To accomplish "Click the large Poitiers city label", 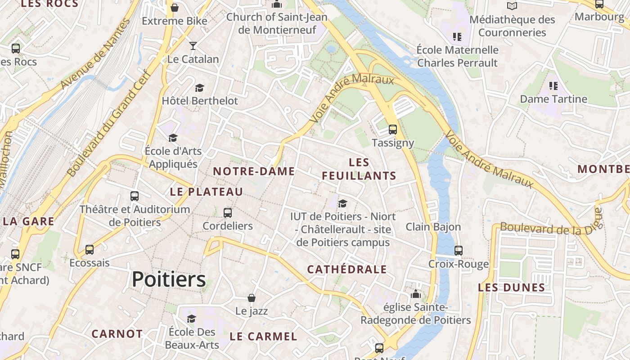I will pyautogui.click(x=169, y=279).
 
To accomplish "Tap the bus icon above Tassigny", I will pyautogui.click(x=393, y=130).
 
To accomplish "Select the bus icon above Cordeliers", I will pyautogui.click(x=228, y=212).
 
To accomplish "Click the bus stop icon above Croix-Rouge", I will pyautogui.click(x=459, y=251).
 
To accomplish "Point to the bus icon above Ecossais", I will pyautogui.click(x=90, y=249).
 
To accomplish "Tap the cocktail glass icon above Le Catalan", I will pyautogui.click(x=193, y=45).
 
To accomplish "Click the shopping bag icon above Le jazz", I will pyautogui.click(x=252, y=298).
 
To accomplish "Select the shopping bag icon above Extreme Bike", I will pyautogui.click(x=175, y=8).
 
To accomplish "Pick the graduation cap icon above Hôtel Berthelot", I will pyautogui.click(x=199, y=88).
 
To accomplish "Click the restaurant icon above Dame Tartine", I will pyautogui.click(x=553, y=85).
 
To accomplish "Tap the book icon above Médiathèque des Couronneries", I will pyautogui.click(x=512, y=6).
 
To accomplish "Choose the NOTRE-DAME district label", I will pyautogui.click(x=254, y=171).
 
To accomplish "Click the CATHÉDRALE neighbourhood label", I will pyautogui.click(x=346, y=270).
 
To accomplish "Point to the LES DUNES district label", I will pyautogui.click(x=512, y=288).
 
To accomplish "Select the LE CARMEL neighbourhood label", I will pyautogui.click(x=263, y=337).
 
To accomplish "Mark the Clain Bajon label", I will pyautogui.click(x=433, y=227).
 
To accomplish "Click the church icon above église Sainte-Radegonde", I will pyautogui.click(x=416, y=294).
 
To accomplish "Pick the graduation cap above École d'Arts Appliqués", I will pyautogui.click(x=173, y=138).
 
